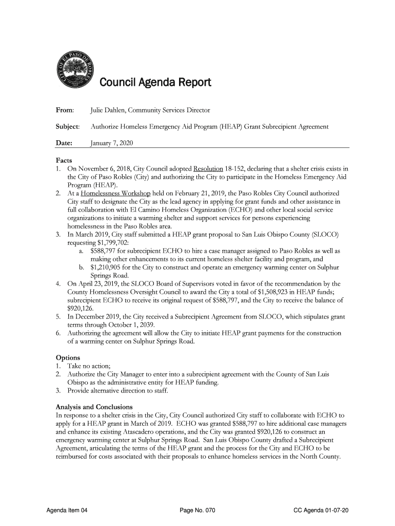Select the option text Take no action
point(91,366)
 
